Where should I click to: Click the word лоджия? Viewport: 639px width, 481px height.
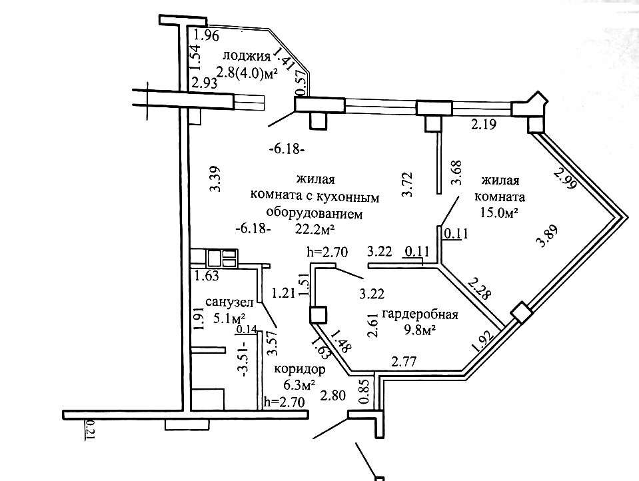tap(247, 55)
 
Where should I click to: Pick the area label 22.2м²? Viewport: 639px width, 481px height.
tap(315, 229)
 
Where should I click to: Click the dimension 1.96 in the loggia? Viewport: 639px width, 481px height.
tap(207, 36)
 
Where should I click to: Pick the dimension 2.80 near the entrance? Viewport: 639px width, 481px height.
tap(334, 395)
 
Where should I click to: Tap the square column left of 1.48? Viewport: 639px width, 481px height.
tap(319, 315)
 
